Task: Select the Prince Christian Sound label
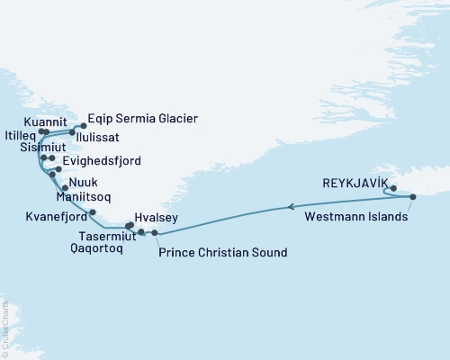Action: click(x=222, y=253)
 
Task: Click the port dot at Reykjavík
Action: click(x=394, y=188)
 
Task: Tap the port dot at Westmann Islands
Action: click(x=412, y=197)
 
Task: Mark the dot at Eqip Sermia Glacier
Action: click(x=84, y=126)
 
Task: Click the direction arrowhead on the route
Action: click(x=291, y=207)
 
